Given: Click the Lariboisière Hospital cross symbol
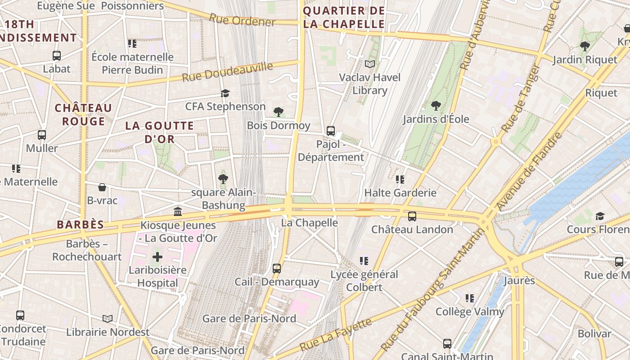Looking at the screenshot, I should pyautogui.click(x=157, y=257).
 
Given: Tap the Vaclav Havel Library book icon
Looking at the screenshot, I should pyautogui.click(x=370, y=64).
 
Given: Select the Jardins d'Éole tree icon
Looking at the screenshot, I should pyautogui.click(x=436, y=106).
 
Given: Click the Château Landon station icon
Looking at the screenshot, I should pyautogui.click(x=412, y=216).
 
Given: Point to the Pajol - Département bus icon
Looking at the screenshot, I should pyautogui.click(x=331, y=131).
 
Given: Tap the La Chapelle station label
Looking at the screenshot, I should pyautogui.click(x=309, y=223).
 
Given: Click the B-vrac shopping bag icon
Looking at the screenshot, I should pyautogui.click(x=102, y=187).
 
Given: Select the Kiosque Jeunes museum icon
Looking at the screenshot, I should pyautogui.click(x=178, y=211).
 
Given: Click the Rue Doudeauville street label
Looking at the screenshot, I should pyautogui.click(x=227, y=72).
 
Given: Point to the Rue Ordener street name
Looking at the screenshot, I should pyautogui.click(x=242, y=20).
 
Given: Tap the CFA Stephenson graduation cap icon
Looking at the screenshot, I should pyautogui.click(x=225, y=93).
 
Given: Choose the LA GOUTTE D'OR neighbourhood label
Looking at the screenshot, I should pyautogui.click(x=160, y=132).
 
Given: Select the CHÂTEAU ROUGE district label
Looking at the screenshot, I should pyautogui.click(x=83, y=114).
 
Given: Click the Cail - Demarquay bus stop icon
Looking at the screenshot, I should pyautogui.click(x=277, y=269).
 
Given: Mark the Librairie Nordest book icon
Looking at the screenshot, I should pyautogui.click(x=107, y=319).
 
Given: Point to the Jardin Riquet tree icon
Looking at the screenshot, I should pyautogui.click(x=585, y=46).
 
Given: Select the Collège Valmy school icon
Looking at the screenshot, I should pyautogui.click(x=470, y=298).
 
